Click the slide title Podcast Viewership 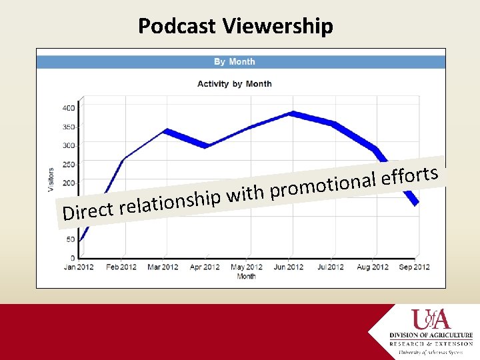(235, 26)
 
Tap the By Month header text (234, 62)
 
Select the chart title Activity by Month (234, 84)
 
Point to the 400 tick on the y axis (68, 108)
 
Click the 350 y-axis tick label (68, 127)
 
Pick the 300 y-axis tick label (68, 145)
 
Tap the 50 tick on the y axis (70, 239)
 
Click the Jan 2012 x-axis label (79, 267)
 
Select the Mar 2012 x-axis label (163, 267)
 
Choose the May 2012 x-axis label (247, 267)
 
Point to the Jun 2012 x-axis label (289, 267)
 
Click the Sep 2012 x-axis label (413, 267)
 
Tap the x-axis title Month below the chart (246, 276)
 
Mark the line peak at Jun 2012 (290, 113)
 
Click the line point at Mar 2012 (165, 131)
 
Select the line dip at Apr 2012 (206, 145)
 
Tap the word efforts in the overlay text (409, 176)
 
